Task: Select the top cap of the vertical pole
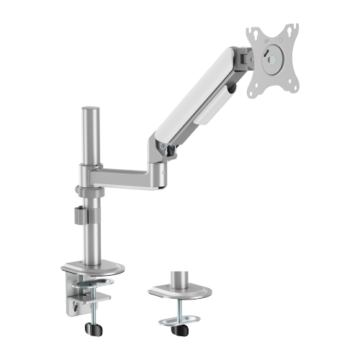(x=91, y=112)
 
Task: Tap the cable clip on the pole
(x=81, y=215)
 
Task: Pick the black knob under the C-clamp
(x=91, y=327)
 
